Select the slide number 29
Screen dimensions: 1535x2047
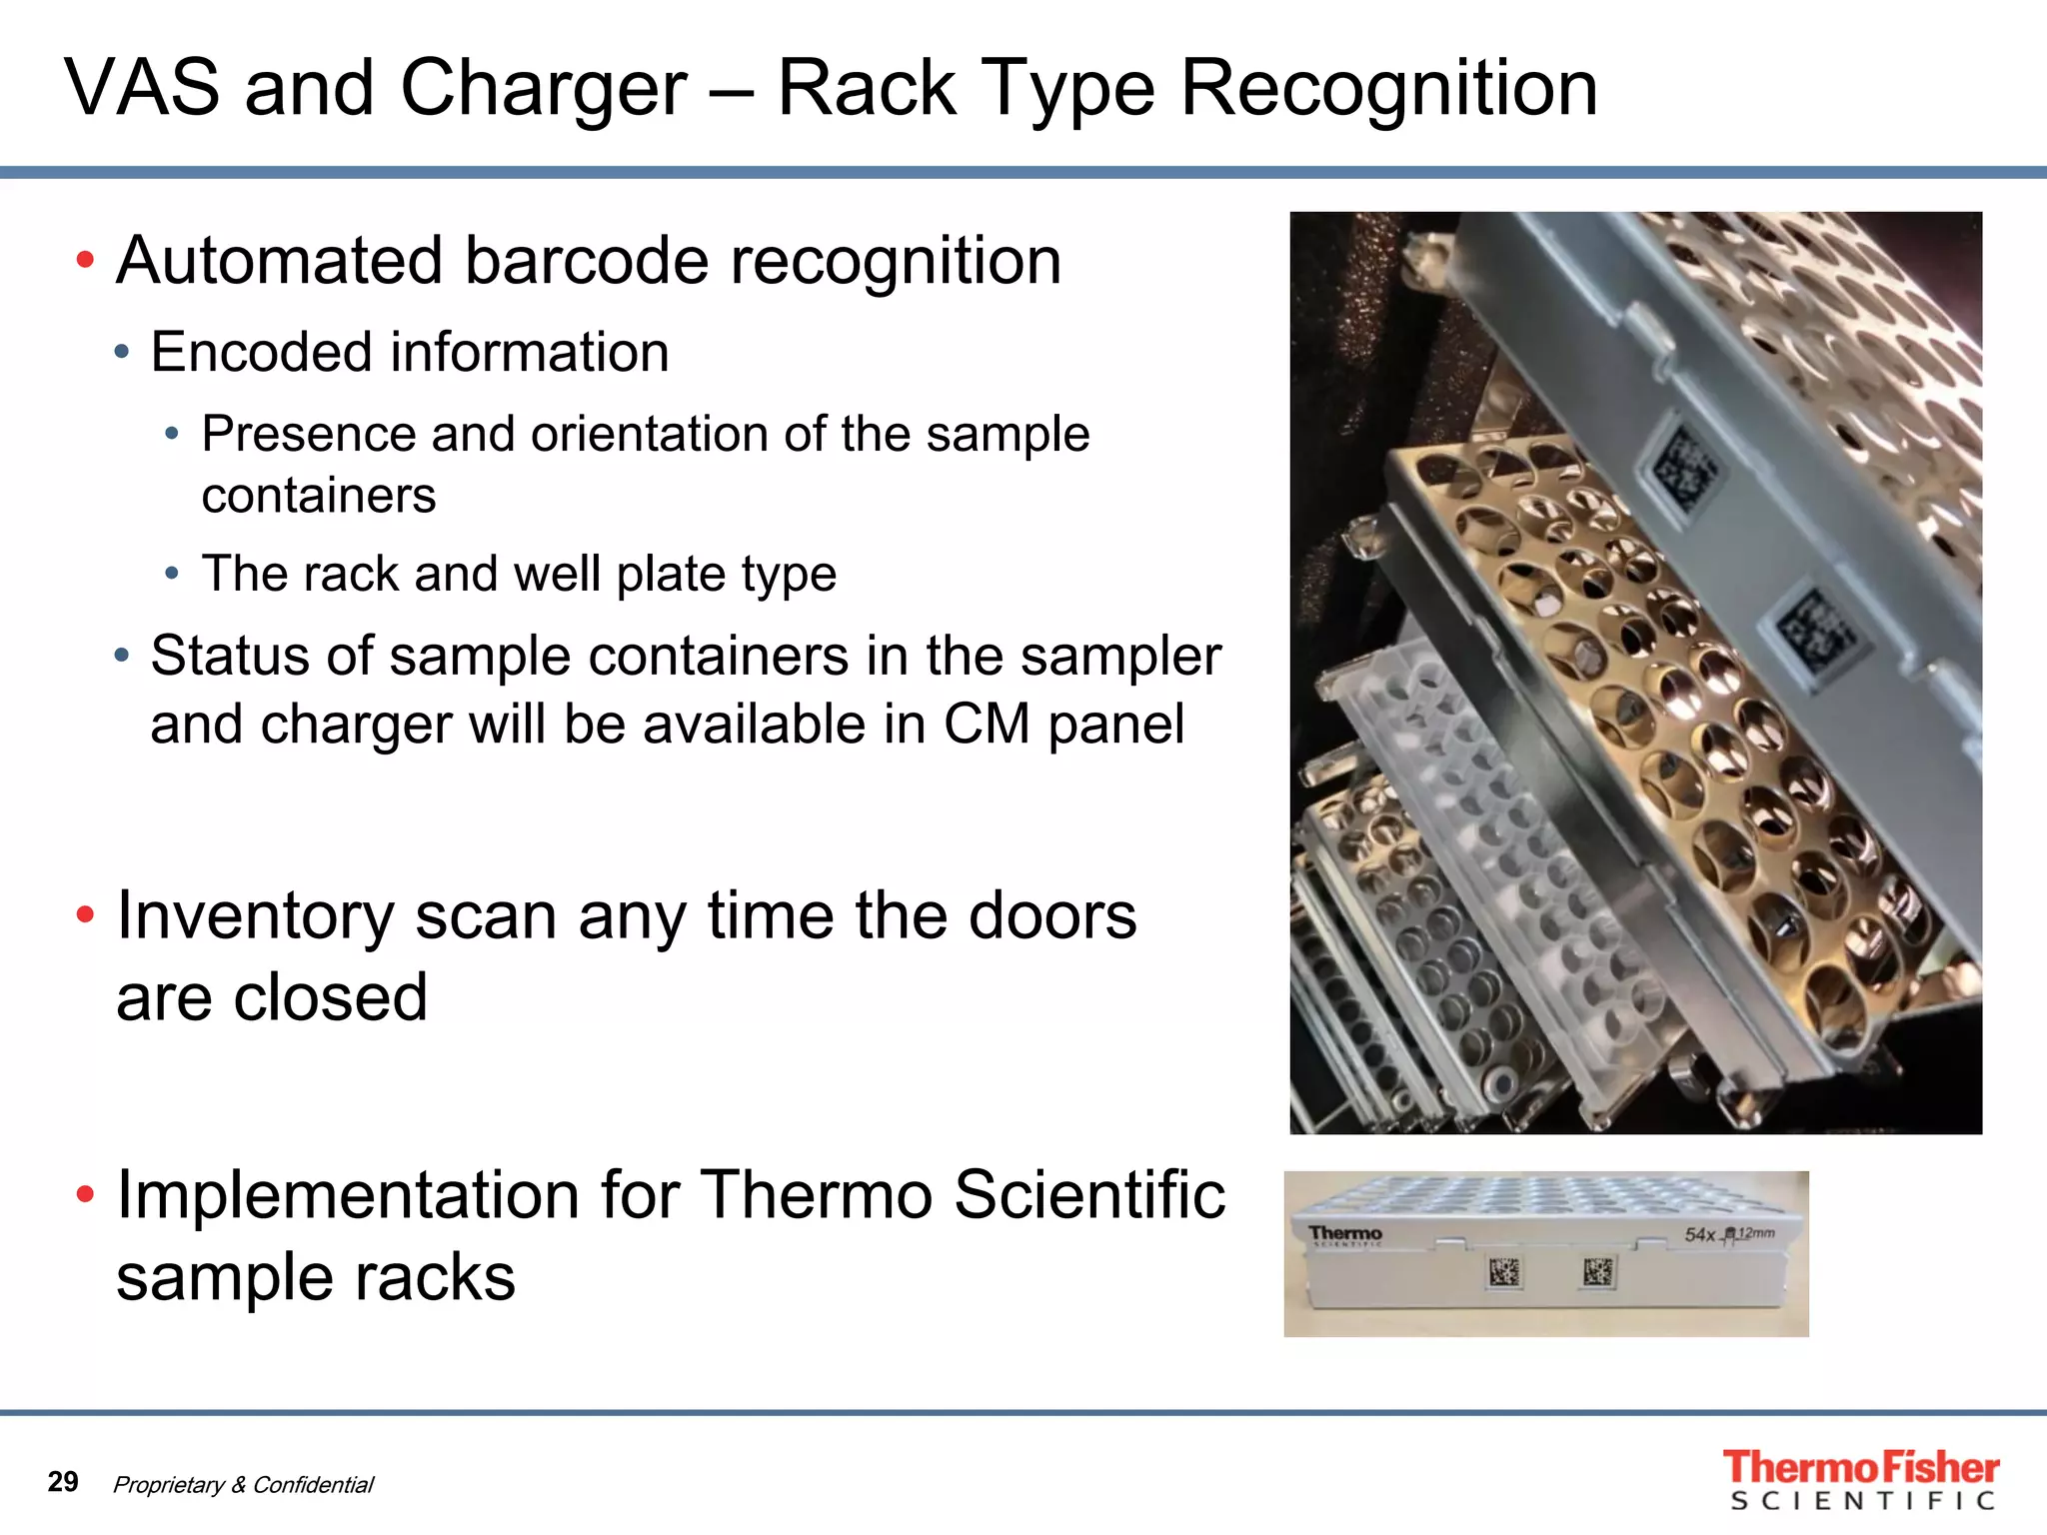point(63,1481)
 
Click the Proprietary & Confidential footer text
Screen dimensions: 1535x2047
point(243,1485)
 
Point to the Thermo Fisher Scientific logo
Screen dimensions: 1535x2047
point(1860,1479)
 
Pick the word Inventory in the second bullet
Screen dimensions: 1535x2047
point(256,915)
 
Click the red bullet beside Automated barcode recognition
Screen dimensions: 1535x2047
point(86,261)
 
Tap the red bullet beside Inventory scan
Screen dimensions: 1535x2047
point(86,914)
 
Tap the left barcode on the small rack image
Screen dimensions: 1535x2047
point(1503,1272)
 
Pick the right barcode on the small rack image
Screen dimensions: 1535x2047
point(1597,1272)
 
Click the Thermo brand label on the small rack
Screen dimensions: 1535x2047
point(1345,1235)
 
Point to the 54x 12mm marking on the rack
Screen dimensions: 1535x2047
point(1729,1234)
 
